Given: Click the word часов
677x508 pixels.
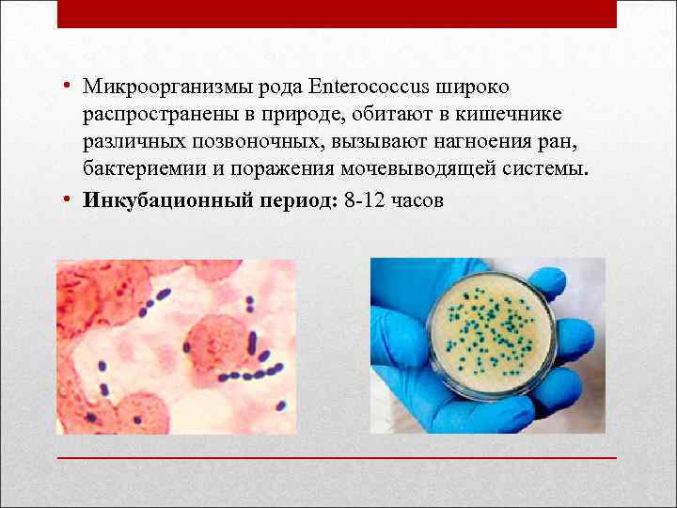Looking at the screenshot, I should [x=419, y=200].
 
